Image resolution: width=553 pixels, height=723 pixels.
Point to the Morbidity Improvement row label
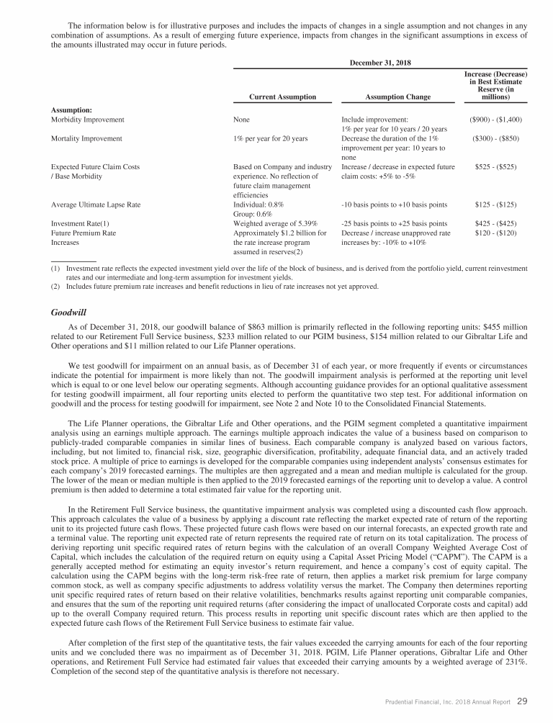coord(88,120)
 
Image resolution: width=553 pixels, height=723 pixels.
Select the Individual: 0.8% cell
coord(259,205)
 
